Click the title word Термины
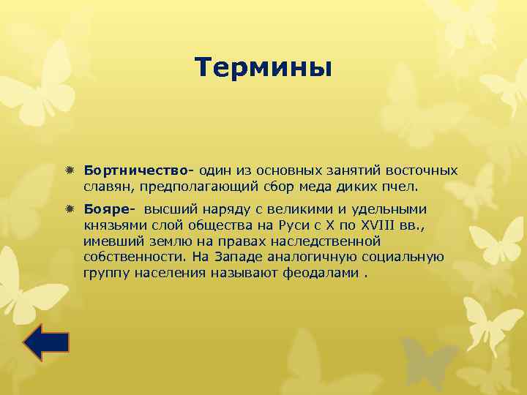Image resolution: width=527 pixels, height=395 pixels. click(x=263, y=68)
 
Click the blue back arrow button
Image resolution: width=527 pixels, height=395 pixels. click(x=46, y=342)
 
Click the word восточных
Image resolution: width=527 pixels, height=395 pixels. click(x=423, y=170)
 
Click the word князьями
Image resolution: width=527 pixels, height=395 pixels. click(x=112, y=226)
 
